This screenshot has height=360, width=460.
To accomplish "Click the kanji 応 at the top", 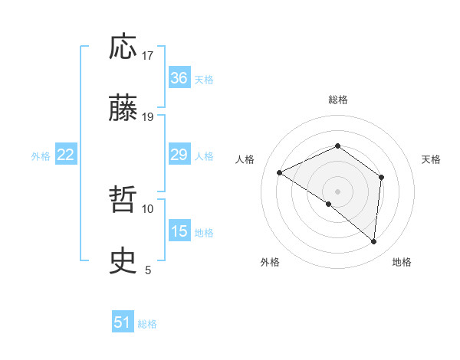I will pyautogui.click(x=123, y=47).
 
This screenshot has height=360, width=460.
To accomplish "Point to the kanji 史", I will pyautogui.click(x=123, y=262).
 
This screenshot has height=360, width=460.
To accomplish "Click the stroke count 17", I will pyautogui.click(x=148, y=55).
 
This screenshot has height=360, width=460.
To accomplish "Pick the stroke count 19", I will pyautogui.click(x=148, y=116).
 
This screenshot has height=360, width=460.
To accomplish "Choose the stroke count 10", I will pyautogui.click(x=148, y=208).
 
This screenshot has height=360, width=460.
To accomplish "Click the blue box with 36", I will pyautogui.click(x=179, y=78).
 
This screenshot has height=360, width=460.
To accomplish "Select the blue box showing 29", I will pyautogui.click(x=179, y=155).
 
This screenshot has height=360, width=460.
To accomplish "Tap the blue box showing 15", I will pyautogui.click(x=179, y=231).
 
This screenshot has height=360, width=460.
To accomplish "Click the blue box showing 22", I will pyautogui.click(x=65, y=155).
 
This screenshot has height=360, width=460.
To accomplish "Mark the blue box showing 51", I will pyautogui.click(x=123, y=322).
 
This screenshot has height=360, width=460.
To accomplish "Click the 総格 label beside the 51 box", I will pyautogui.click(x=147, y=324).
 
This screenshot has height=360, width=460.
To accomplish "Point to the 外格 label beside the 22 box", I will pyautogui.click(x=41, y=156).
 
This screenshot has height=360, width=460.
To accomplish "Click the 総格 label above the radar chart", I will pyautogui.click(x=337, y=100).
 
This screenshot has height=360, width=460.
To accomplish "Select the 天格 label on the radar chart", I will pyautogui.click(x=432, y=159).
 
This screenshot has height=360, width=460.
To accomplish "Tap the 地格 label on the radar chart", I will pyautogui.click(x=402, y=263).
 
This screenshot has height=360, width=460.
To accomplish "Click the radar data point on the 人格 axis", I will pyautogui.click(x=280, y=172).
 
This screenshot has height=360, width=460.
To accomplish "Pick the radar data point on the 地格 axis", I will pyautogui.click(x=374, y=242).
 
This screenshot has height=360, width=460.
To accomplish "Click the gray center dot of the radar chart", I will pyautogui.click(x=337, y=191).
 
